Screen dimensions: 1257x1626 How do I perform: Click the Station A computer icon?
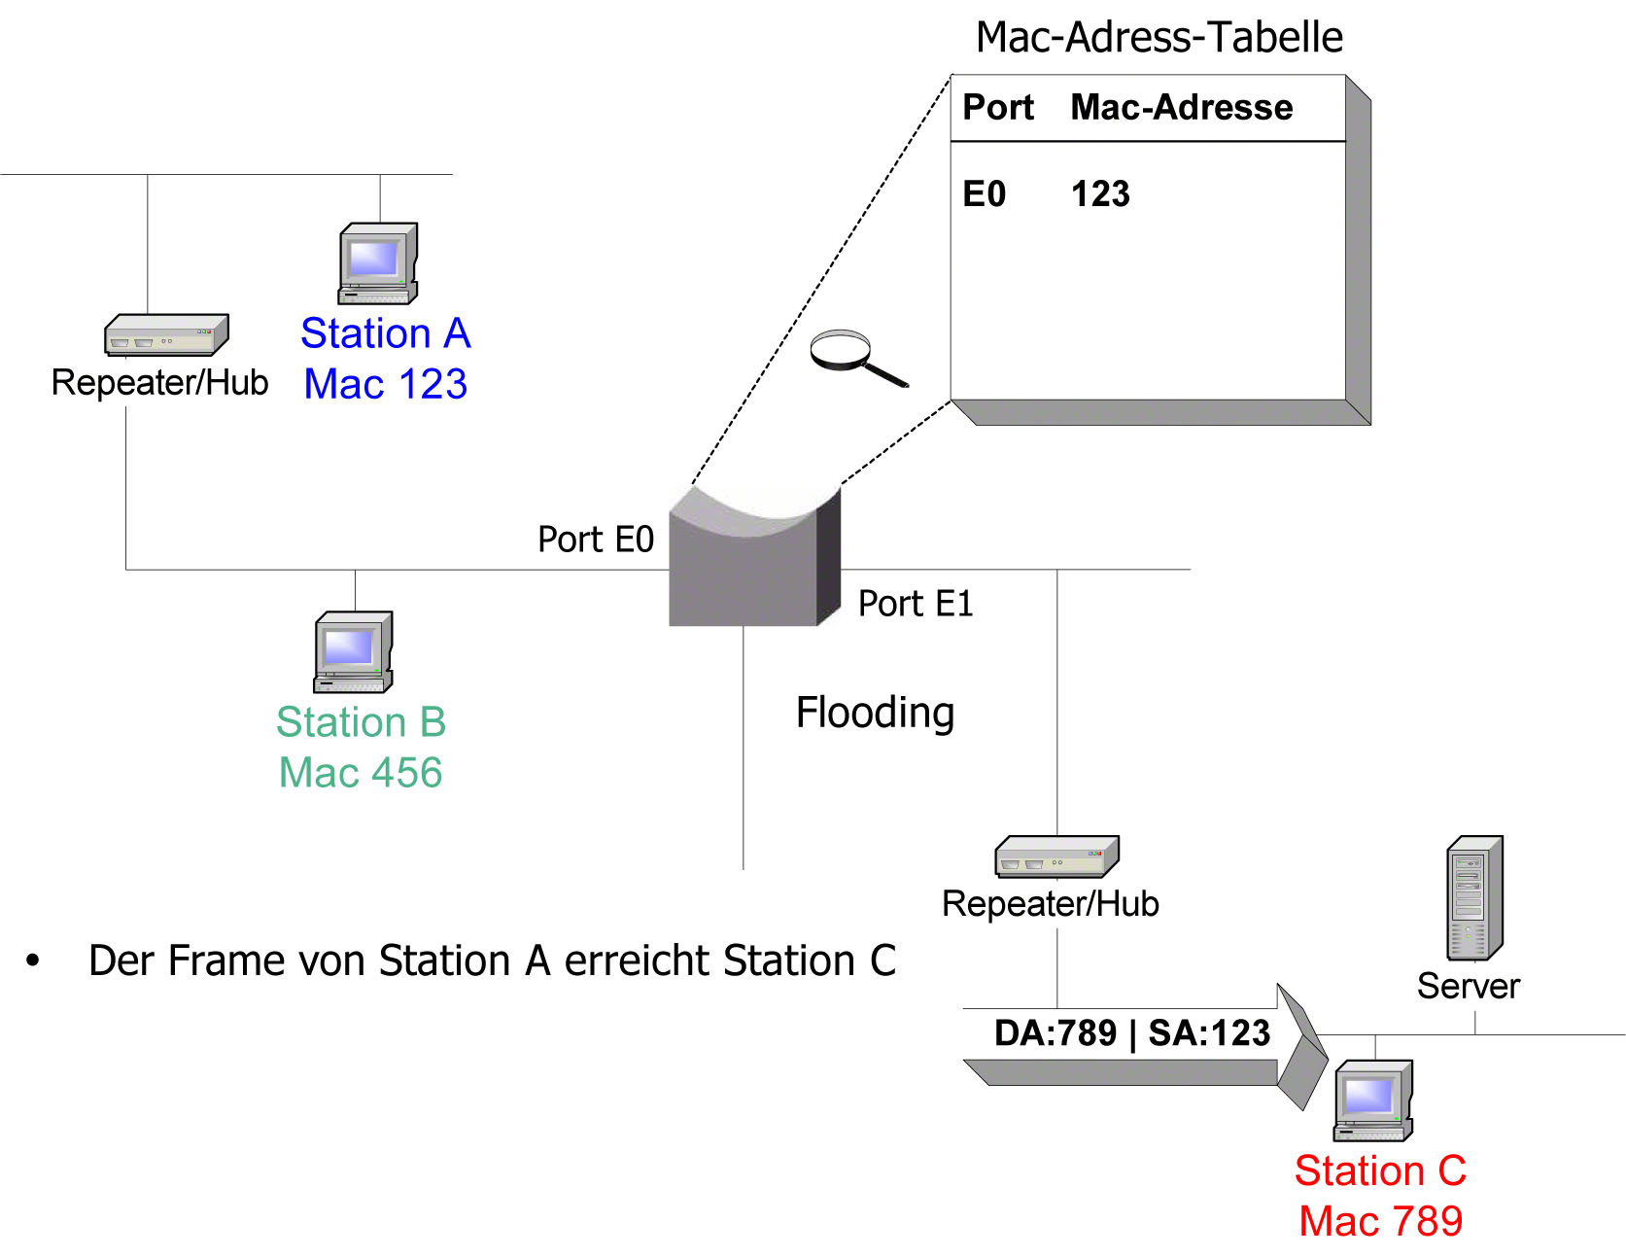(x=378, y=263)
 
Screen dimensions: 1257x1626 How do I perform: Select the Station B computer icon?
(x=354, y=651)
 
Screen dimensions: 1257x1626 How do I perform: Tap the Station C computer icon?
(x=1373, y=1100)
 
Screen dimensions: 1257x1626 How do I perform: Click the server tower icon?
(x=1475, y=898)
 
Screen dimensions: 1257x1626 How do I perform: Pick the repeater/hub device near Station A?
(x=166, y=335)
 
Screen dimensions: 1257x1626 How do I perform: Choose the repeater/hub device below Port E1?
(x=1056, y=856)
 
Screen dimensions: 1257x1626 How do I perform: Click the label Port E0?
(x=596, y=540)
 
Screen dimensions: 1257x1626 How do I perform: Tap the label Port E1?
(x=915, y=604)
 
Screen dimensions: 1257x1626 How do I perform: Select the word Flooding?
(x=875, y=713)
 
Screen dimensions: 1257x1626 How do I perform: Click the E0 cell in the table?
(x=984, y=194)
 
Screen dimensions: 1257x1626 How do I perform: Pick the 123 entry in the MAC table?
(x=1100, y=194)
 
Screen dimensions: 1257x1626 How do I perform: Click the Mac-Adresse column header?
(x=1181, y=107)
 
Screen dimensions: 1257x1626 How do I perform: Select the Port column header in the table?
(x=998, y=107)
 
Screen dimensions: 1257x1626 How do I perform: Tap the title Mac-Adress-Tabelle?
(x=1159, y=37)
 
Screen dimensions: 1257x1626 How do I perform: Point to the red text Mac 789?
(x=1380, y=1221)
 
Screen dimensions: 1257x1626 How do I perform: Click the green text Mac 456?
(x=361, y=773)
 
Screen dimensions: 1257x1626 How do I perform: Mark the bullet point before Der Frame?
(x=33, y=961)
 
